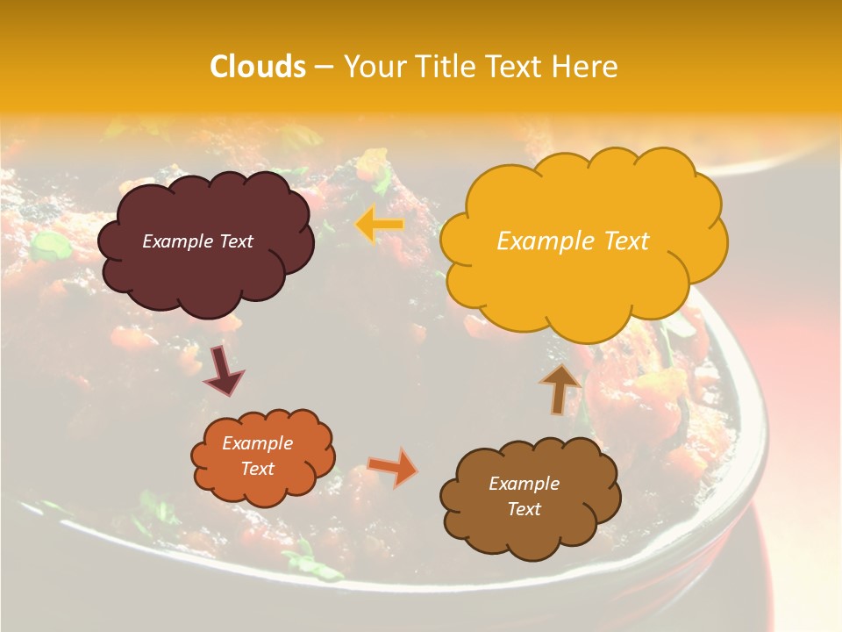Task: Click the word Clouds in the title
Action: coord(258,67)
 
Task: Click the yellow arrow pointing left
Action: coord(379,226)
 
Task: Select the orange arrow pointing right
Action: coord(394,467)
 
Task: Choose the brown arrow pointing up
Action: coord(560,388)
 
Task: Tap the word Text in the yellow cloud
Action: coord(619,241)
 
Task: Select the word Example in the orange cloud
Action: coord(257,443)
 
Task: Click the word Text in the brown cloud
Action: coord(524,509)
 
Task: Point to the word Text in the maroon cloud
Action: coord(235,241)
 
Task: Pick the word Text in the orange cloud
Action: coord(257,469)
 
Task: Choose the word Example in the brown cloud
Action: coord(524,484)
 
